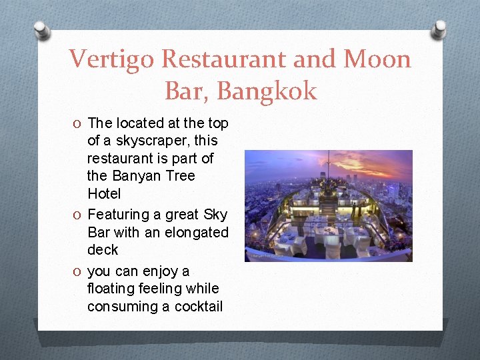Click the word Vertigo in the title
pyautogui.click(x=112, y=59)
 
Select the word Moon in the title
pyautogui.click(x=377, y=59)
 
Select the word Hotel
pyautogui.click(x=104, y=194)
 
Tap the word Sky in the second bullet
pyautogui.click(x=215, y=215)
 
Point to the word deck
pyautogui.click(x=103, y=250)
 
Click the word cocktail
pyautogui.click(x=198, y=307)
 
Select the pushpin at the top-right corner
pyautogui.click(x=439, y=29)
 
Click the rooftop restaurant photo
pyautogui.click(x=328, y=205)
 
